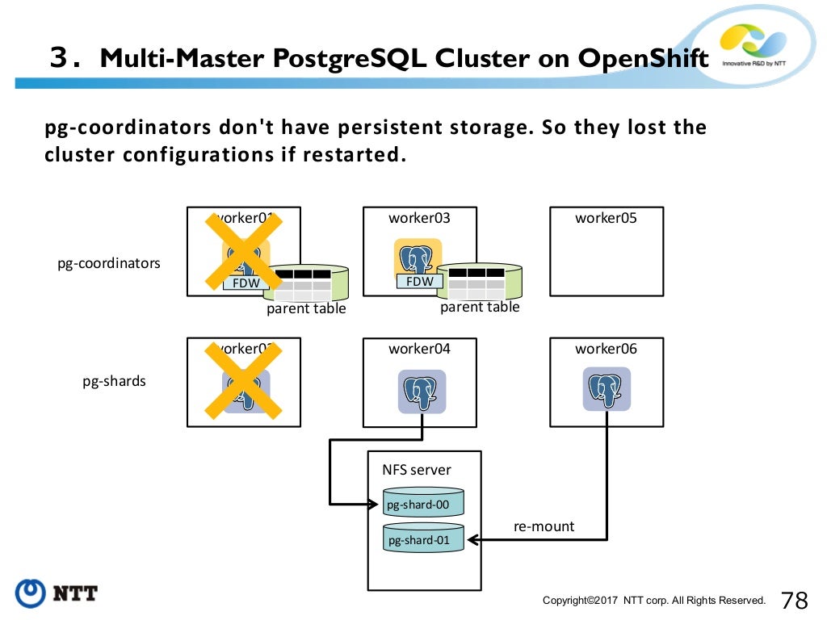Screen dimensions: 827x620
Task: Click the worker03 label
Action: tap(419, 218)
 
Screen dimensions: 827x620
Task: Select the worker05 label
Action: tap(606, 218)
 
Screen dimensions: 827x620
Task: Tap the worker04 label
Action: tap(419, 349)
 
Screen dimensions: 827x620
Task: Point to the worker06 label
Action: tap(606, 349)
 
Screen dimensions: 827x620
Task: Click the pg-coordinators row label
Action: tap(109, 263)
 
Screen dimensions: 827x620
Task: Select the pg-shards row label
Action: tap(115, 381)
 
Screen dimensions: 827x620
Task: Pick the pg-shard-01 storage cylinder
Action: tap(423, 538)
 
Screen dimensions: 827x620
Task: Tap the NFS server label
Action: tap(417, 470)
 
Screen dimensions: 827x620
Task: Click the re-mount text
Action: tap(544, 526)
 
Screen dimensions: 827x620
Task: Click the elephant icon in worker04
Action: tap(422, 392)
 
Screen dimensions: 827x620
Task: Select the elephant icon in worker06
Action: tap(607, 390)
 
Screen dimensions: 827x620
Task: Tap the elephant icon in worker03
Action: tap(418, 258)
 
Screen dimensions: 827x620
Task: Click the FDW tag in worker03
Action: tap(419, 282)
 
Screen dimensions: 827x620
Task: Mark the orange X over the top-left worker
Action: tap(242, 250)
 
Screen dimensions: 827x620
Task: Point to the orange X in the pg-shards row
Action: tap(242, 381)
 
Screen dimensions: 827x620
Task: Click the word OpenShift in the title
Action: tap(643, 59)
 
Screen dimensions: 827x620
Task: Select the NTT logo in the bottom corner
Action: tap(57, 593)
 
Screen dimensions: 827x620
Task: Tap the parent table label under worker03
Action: tap(480, 308)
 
